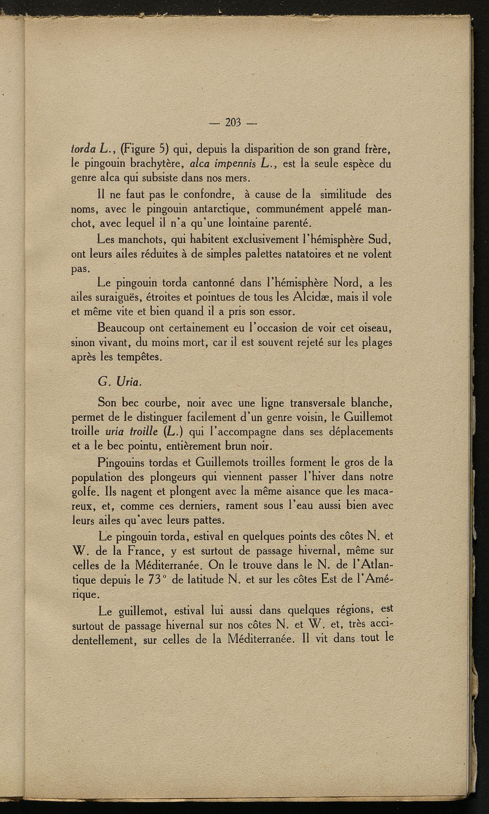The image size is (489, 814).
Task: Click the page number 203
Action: pos(234,123)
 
